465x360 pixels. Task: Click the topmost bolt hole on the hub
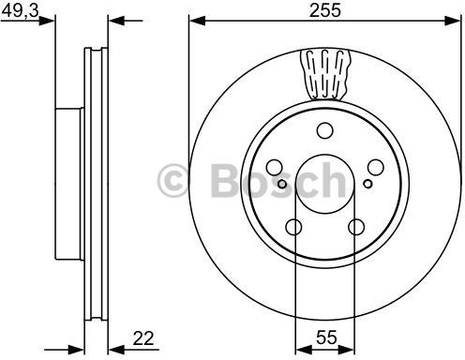(325, 130)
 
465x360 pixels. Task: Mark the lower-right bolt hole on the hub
(356, 226)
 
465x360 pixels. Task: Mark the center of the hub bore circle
(325, 184)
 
